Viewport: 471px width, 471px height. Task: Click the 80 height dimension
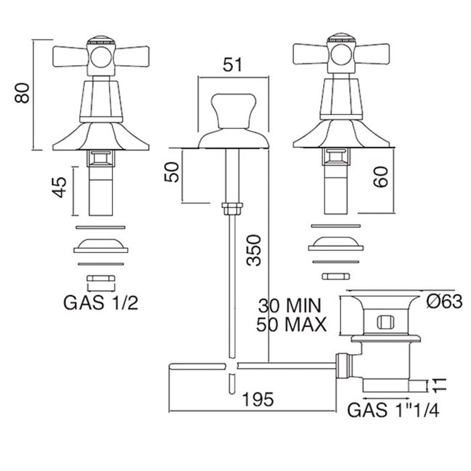point(22,93)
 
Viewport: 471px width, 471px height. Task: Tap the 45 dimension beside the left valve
point(59,188)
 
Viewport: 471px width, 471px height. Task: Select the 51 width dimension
point(232,65)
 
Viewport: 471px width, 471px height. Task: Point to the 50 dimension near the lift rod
point(172,172)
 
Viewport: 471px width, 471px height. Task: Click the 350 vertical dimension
point(254,250)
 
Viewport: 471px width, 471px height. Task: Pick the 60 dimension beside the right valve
point(381,177)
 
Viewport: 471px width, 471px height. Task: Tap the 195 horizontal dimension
point(258,399)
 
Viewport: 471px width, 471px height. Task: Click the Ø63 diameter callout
point(445,301)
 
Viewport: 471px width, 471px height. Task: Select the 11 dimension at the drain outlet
point(439,386)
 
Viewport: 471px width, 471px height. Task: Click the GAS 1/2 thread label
point(101,303)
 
